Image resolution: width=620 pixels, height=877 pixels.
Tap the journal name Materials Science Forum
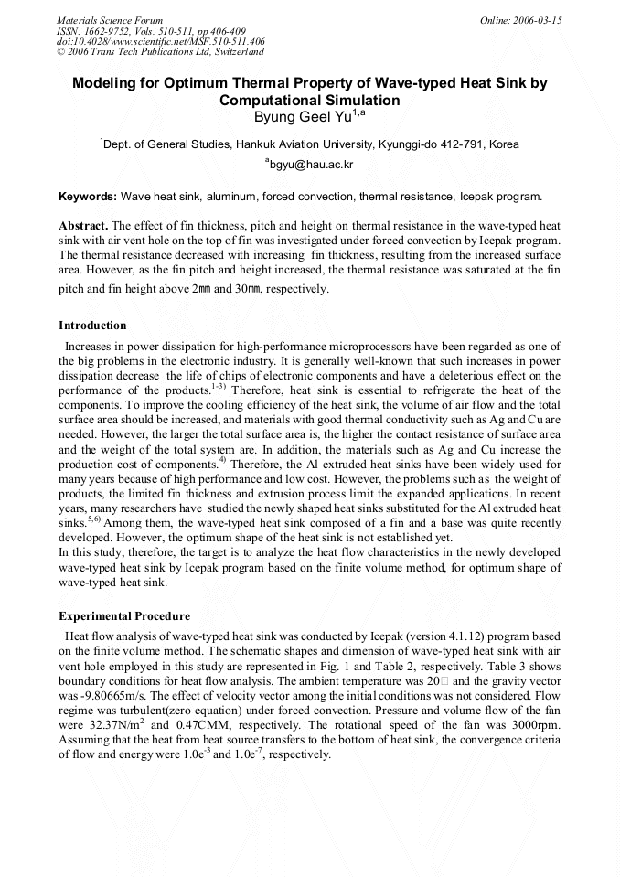coord(110,20)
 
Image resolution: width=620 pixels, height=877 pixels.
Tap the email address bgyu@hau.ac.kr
coord(312,165)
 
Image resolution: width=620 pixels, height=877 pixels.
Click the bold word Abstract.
coord(83,225)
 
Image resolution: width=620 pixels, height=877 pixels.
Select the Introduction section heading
coord(92,326)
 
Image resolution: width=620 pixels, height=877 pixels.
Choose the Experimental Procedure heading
coord(124,615)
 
